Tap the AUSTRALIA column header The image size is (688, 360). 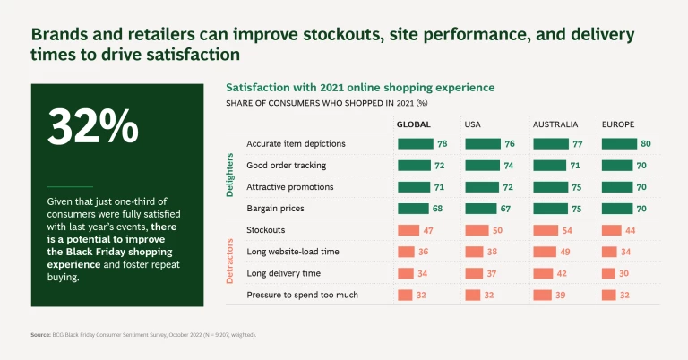[x=555, y=123]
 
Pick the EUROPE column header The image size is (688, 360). [x=618, y=123]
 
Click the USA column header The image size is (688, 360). [x=474, y=123]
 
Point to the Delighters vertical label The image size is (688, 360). [x=230, y=175]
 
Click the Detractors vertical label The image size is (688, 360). [x=230, y=261]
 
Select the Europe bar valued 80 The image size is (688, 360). [x=620, y=143]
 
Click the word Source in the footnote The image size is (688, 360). [x=39, y=334]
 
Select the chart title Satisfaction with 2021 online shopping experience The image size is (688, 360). [x=360, y=89]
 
